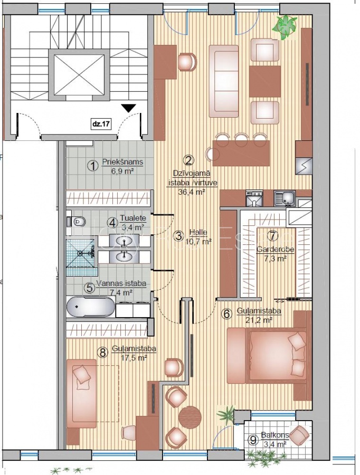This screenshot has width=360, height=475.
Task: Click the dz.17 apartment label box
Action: click(x=101, y=123)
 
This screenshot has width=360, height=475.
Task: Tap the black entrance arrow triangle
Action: click(x=129, y=108)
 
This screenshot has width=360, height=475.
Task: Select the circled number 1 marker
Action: click(x=93, y=166)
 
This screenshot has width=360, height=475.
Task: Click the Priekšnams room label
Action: click(x=122, y=162)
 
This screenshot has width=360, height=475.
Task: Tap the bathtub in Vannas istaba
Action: click(x=91, y=306)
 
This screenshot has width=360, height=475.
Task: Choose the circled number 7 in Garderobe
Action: click(x=273, y=235)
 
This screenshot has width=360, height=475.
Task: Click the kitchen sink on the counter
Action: click(x=285, y=198)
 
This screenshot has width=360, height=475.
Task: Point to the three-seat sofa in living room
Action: click(x=224, y=81)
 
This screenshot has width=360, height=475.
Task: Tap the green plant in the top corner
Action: click(x=284, y=27)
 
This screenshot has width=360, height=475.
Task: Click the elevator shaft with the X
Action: click(x=79, y=75)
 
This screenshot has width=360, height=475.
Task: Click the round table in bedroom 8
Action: click(x=190, y=417)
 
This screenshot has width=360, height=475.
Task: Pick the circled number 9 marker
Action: click(x=253, y=439)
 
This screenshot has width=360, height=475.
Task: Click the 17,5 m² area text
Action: click(x=134, y=358)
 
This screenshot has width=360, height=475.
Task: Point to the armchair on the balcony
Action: click(x=299, y=435)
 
